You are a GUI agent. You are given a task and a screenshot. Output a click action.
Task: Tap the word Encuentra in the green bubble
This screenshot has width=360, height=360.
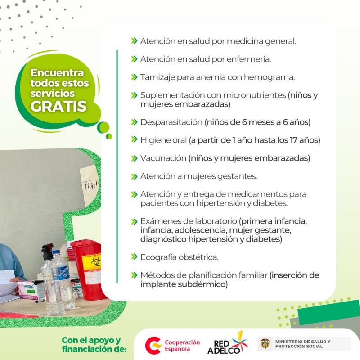pyautogui.click(x=57, y=73)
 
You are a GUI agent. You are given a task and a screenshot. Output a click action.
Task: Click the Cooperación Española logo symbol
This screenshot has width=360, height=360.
pyautogui.click(x=153, y=346)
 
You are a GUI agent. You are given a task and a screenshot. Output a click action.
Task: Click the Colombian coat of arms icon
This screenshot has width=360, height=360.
pyautogui.click(x=265, y=344)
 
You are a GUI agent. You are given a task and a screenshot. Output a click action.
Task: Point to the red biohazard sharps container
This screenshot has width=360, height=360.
pyautogui.click(x=90, y=270)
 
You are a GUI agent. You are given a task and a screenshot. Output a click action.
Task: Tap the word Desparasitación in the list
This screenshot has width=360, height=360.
pyautogui.click(x=171, y=122)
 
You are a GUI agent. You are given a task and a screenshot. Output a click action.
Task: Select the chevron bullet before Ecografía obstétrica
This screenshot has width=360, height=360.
pyautogui.click(x=134, y=257)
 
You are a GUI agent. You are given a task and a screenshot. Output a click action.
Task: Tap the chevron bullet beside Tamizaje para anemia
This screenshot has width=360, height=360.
pyautogui.click(x=134, y=77)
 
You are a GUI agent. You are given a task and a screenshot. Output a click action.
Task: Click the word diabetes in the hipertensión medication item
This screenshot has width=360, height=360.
pyautogui.click(x=271, y=203)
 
